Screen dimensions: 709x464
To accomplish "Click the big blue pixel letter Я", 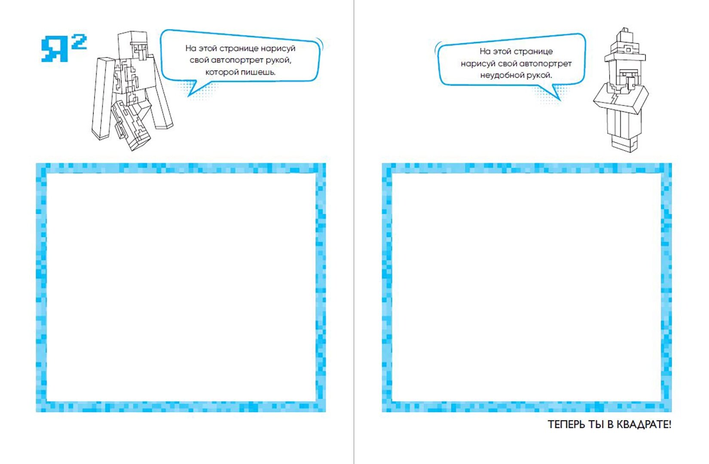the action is (55, 49).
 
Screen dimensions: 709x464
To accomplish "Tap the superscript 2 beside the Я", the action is (79, 42).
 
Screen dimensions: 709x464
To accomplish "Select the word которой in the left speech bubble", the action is (222, 72).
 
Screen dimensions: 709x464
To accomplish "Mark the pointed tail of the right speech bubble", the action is (559, 99).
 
